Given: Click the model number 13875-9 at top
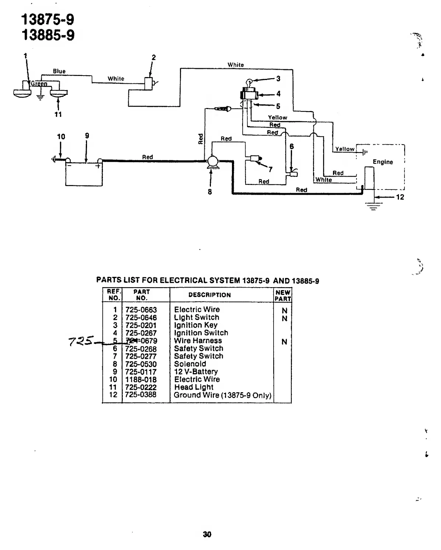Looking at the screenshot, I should (x=48, y=19).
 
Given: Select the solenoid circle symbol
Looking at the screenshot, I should (x=212, y=161).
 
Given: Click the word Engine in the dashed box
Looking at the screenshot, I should (x=382, y=162).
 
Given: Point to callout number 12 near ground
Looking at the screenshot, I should (x=400, y=197).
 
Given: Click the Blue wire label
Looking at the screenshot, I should (x=59, y=71).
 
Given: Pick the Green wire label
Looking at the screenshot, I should (x=39, y=84).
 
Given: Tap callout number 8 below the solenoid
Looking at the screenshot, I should (x=210, y=192).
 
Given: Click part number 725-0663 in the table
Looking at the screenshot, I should (x=141, y=310).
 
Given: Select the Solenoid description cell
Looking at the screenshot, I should (x=190, y=364).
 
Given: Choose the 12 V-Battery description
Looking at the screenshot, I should (x=196, y=372).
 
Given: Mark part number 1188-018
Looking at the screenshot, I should (x=141, y=379).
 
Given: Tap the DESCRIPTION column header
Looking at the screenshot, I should (x=209, y=295).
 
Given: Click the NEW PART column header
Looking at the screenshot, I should (x=283, y=295).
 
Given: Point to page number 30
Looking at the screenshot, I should (x=207, y=534).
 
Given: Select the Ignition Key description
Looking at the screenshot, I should (x=195, y=325).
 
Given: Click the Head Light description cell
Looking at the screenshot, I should (x=194, y=387).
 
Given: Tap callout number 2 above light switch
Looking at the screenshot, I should (x=154, y=58).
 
